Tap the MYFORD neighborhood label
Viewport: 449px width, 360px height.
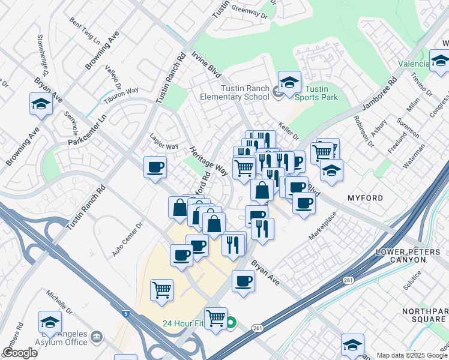[365, 197]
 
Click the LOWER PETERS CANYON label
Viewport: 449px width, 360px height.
[409, 256]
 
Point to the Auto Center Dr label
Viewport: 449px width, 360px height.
[127, 240]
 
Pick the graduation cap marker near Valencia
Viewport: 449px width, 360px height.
[439, 61]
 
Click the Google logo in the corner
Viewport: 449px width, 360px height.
[19, 353]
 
